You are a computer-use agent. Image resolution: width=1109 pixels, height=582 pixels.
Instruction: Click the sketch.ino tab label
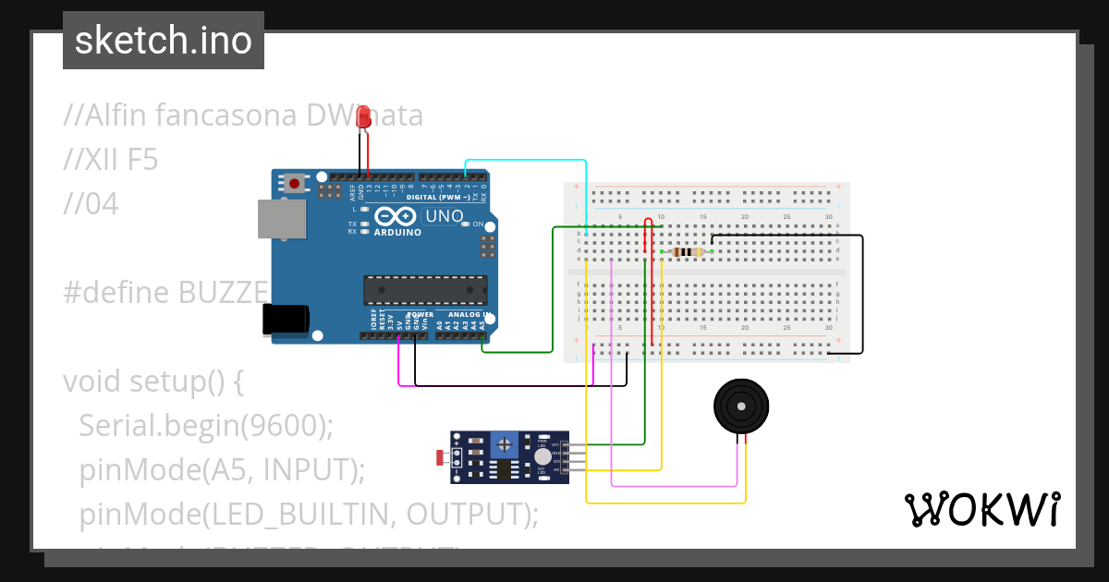[x=164, y=41]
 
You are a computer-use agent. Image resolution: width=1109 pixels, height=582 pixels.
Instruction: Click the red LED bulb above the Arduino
[x=364, y=117]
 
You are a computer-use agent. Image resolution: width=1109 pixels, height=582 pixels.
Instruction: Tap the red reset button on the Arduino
[x=294, y=183]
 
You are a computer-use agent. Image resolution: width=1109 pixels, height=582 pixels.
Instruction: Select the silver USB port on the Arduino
[x=280, y=220]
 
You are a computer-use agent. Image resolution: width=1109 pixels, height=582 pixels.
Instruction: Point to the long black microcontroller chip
[x=424, y=289]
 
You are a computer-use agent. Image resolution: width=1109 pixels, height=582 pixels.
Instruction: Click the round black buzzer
[x=741, y=406]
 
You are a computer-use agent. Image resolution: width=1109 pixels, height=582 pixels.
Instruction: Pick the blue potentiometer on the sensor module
[x=504, y=444]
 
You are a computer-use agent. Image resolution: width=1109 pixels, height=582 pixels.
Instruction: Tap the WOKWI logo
[x=981, y=509]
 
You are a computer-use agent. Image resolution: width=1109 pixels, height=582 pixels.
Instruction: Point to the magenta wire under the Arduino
[x=398, y=365]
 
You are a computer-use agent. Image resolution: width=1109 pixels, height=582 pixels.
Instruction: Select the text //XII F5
[x=111, y=160]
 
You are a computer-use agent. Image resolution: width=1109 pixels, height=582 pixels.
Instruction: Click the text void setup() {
[x=152, y=381]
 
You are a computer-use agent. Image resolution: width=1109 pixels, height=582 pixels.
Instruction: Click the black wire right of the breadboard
[x=862, y=296]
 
